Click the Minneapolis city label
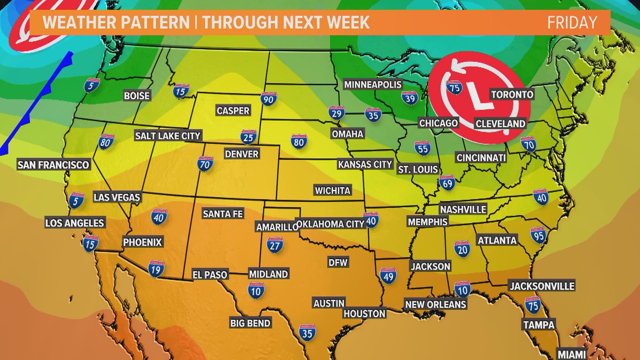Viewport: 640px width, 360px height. click(373, 84)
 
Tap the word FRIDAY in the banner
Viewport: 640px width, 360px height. click(572, 22)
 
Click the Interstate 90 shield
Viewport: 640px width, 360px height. click(268, 99)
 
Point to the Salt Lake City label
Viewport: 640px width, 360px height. click(168, 136)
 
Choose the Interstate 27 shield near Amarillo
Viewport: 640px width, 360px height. click(275, 245)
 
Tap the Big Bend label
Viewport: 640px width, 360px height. click(250, 323)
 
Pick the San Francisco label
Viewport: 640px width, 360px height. click(53, 165)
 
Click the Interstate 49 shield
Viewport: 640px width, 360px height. click(388, 275)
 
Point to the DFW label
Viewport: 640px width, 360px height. click(338, 262)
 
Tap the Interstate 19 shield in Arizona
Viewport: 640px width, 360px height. click(156, 269)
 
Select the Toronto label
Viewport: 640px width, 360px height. click(512, 94)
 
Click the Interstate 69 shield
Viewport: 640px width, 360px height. click(447, 183)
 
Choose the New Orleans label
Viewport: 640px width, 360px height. click(435, 304)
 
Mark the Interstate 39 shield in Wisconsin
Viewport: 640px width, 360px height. click(409, 98)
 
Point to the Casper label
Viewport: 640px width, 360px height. click(233, 111)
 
